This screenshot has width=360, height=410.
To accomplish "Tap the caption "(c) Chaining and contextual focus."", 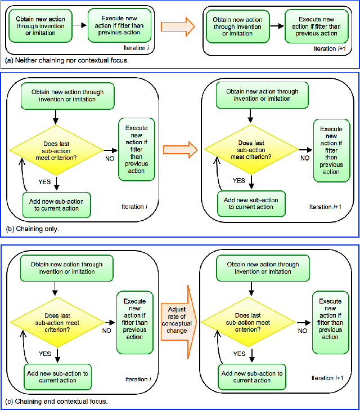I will click(56, 402).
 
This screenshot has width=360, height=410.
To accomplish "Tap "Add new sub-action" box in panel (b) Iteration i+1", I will click(251, 204).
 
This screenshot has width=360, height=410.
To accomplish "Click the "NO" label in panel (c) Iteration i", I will click(106, 330).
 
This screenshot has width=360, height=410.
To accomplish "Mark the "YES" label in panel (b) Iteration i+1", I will click(239, 181).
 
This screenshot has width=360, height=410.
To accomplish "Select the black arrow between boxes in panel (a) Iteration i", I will click(79, 26).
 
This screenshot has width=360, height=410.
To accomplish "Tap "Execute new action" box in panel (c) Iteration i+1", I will click(331, 318).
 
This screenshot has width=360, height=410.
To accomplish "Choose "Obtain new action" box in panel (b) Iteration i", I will click(62, 95).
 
